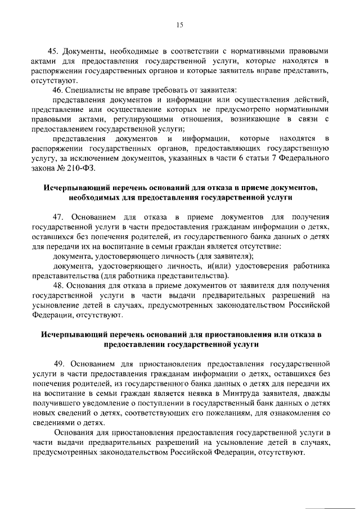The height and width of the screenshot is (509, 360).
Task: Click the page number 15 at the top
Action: click(x=179, y=24)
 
